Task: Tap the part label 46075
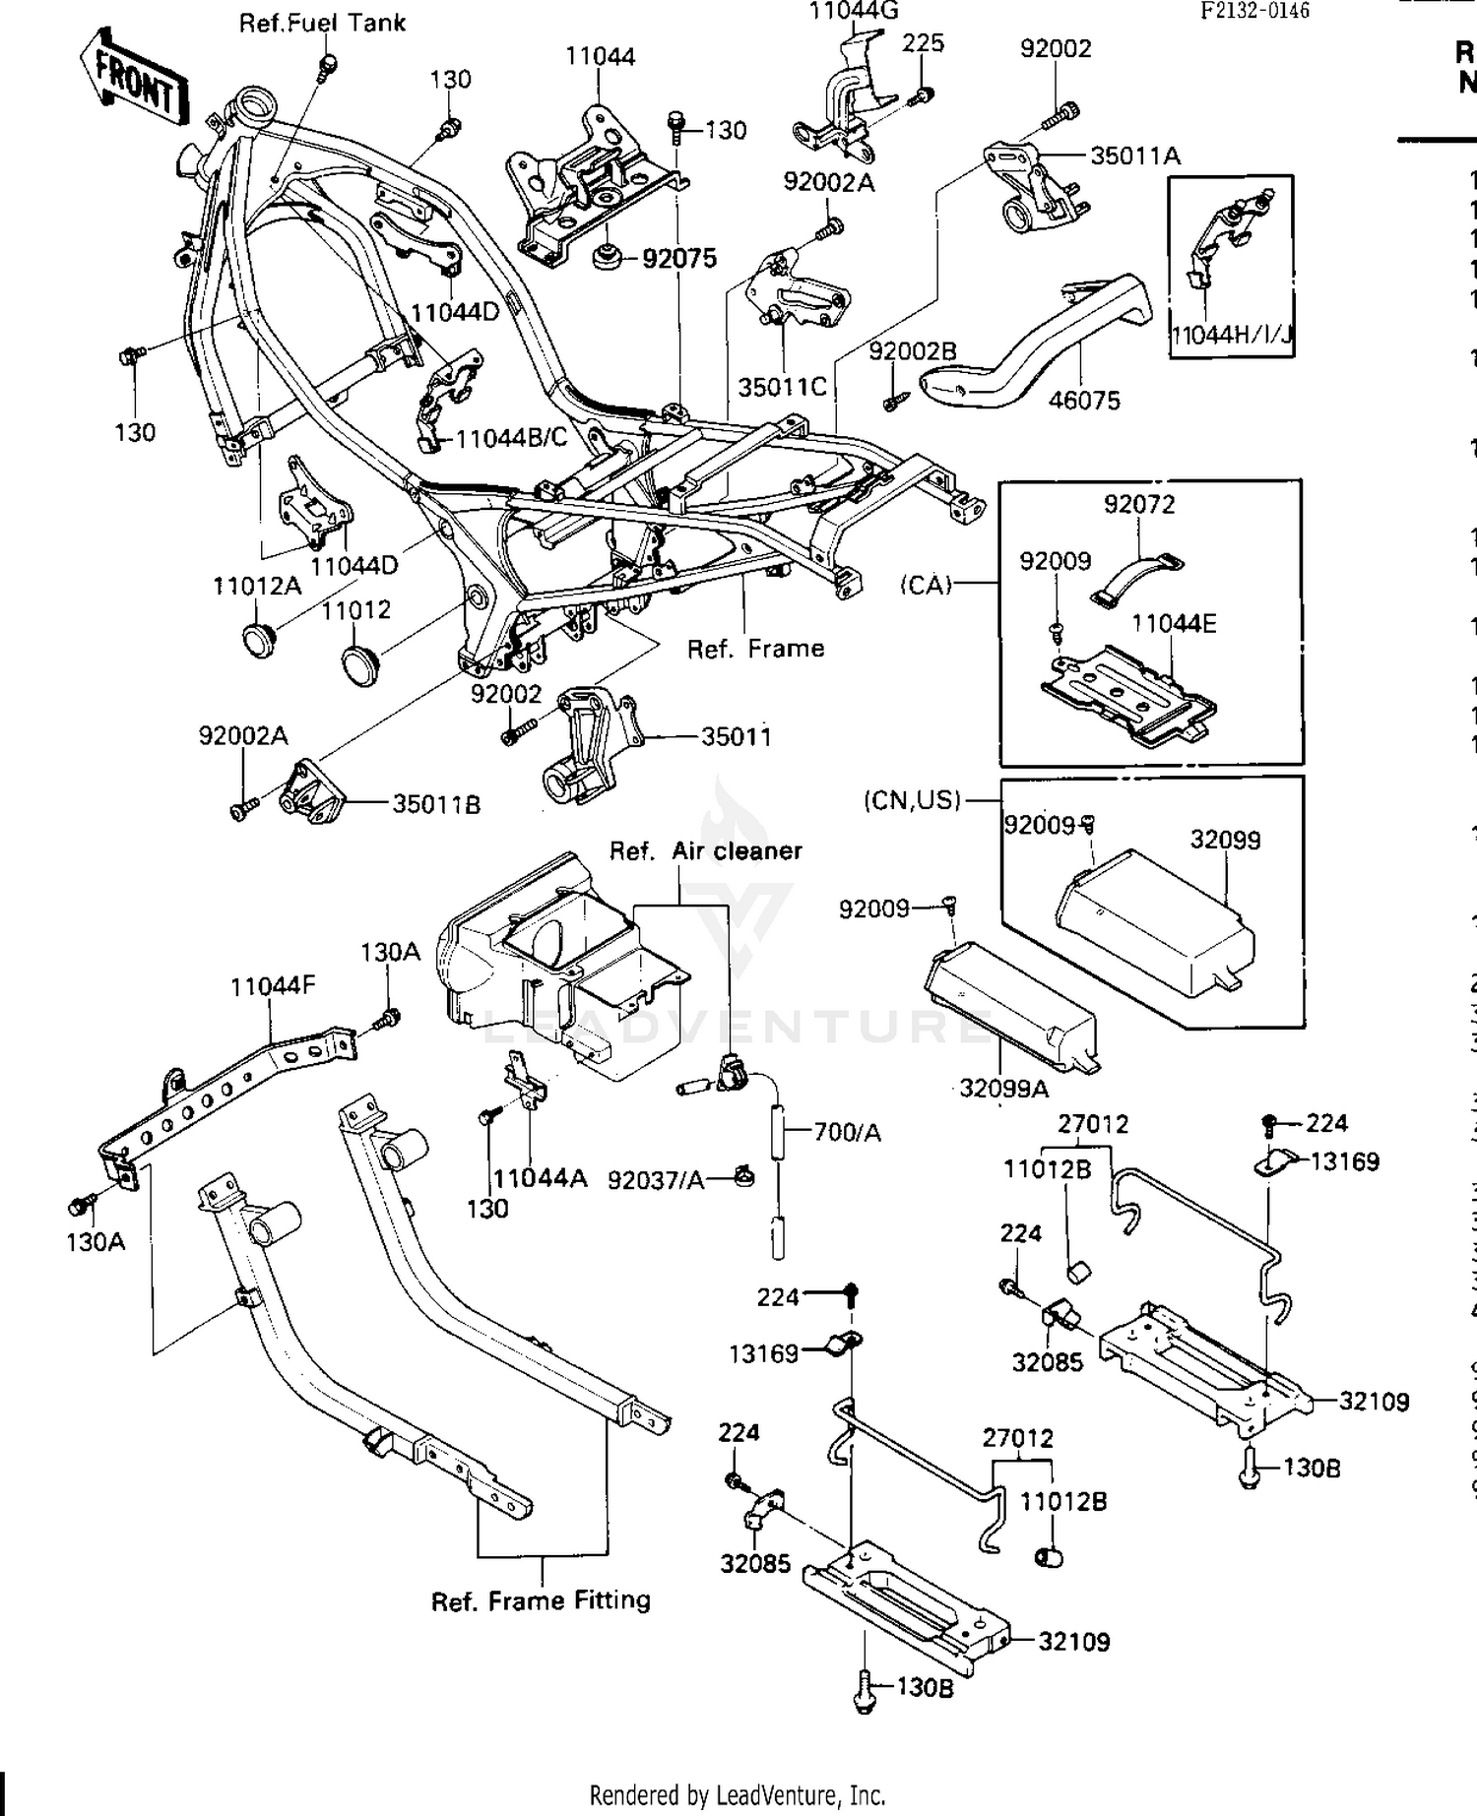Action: point(1084,400)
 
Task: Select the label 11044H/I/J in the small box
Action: point(1231,336)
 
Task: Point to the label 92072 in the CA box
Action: point(1138,505)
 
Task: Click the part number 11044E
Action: point(1174,624)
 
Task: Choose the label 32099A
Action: point(1003,1088)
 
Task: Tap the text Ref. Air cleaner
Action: point(705,851)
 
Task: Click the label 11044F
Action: point(273,985)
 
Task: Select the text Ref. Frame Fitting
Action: point(541,1600)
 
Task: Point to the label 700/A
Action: point(847,1133)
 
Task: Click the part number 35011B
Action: point(436,804)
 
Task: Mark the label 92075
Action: point(679,259)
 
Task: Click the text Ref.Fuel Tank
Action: point(322,23)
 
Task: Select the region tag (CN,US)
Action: point(912,800)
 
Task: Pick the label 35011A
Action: point(1135,156)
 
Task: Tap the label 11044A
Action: point(540,1178)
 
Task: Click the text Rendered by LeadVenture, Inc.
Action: point(737,1794)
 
